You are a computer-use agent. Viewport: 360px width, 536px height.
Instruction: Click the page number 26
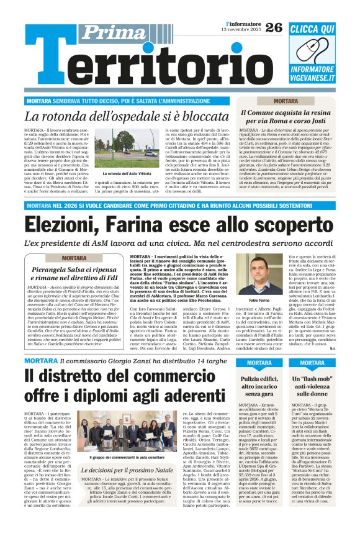pyautogui.click(x=274, y=27)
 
